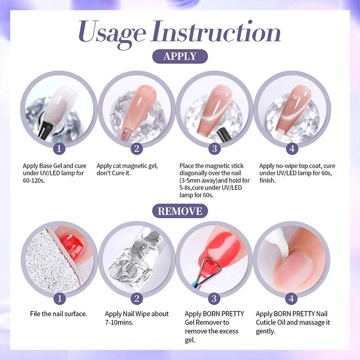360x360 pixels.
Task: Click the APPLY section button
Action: (x=180, y=56)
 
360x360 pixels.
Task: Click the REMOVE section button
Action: (x=180, y=211)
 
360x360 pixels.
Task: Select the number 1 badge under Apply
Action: (x=59, y=148)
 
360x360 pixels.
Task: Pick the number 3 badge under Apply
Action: (x=215, y=148)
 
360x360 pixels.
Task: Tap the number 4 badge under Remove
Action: (x=292, y=298)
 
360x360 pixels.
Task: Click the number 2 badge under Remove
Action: (x=137, y=298)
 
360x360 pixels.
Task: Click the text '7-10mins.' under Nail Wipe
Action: (x=120, y=322)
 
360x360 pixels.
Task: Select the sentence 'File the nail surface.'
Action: (x=58, y=314)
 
